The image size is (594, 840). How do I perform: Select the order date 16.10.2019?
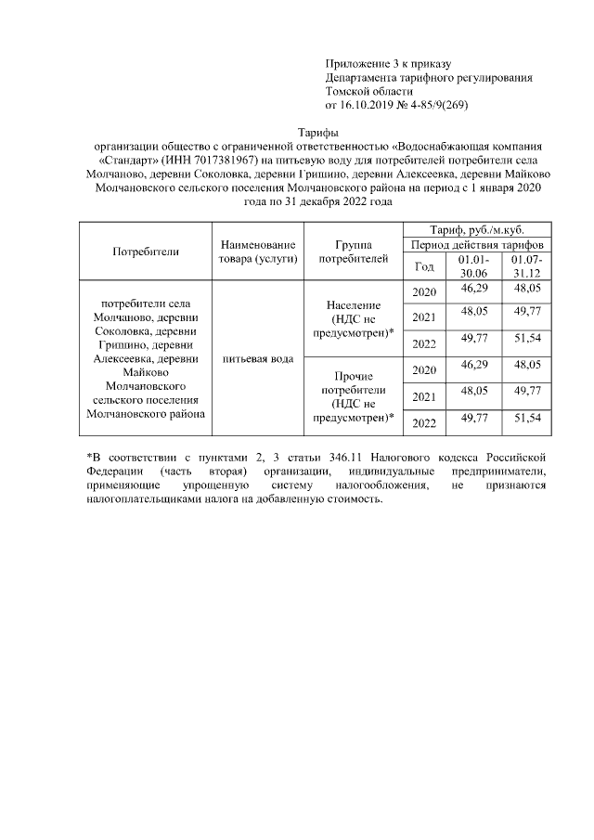(x=372, y=105)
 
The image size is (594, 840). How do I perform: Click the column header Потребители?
(x=146, y=252)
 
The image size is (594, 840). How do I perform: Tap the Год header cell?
(x=424, y=266)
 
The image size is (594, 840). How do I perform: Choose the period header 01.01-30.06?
(x=473, y=266)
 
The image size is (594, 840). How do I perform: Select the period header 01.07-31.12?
(x=527, y=266)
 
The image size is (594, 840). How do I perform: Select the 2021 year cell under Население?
(x=424, y=317)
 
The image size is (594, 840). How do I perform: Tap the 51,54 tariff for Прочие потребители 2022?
(x=527, y=420)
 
